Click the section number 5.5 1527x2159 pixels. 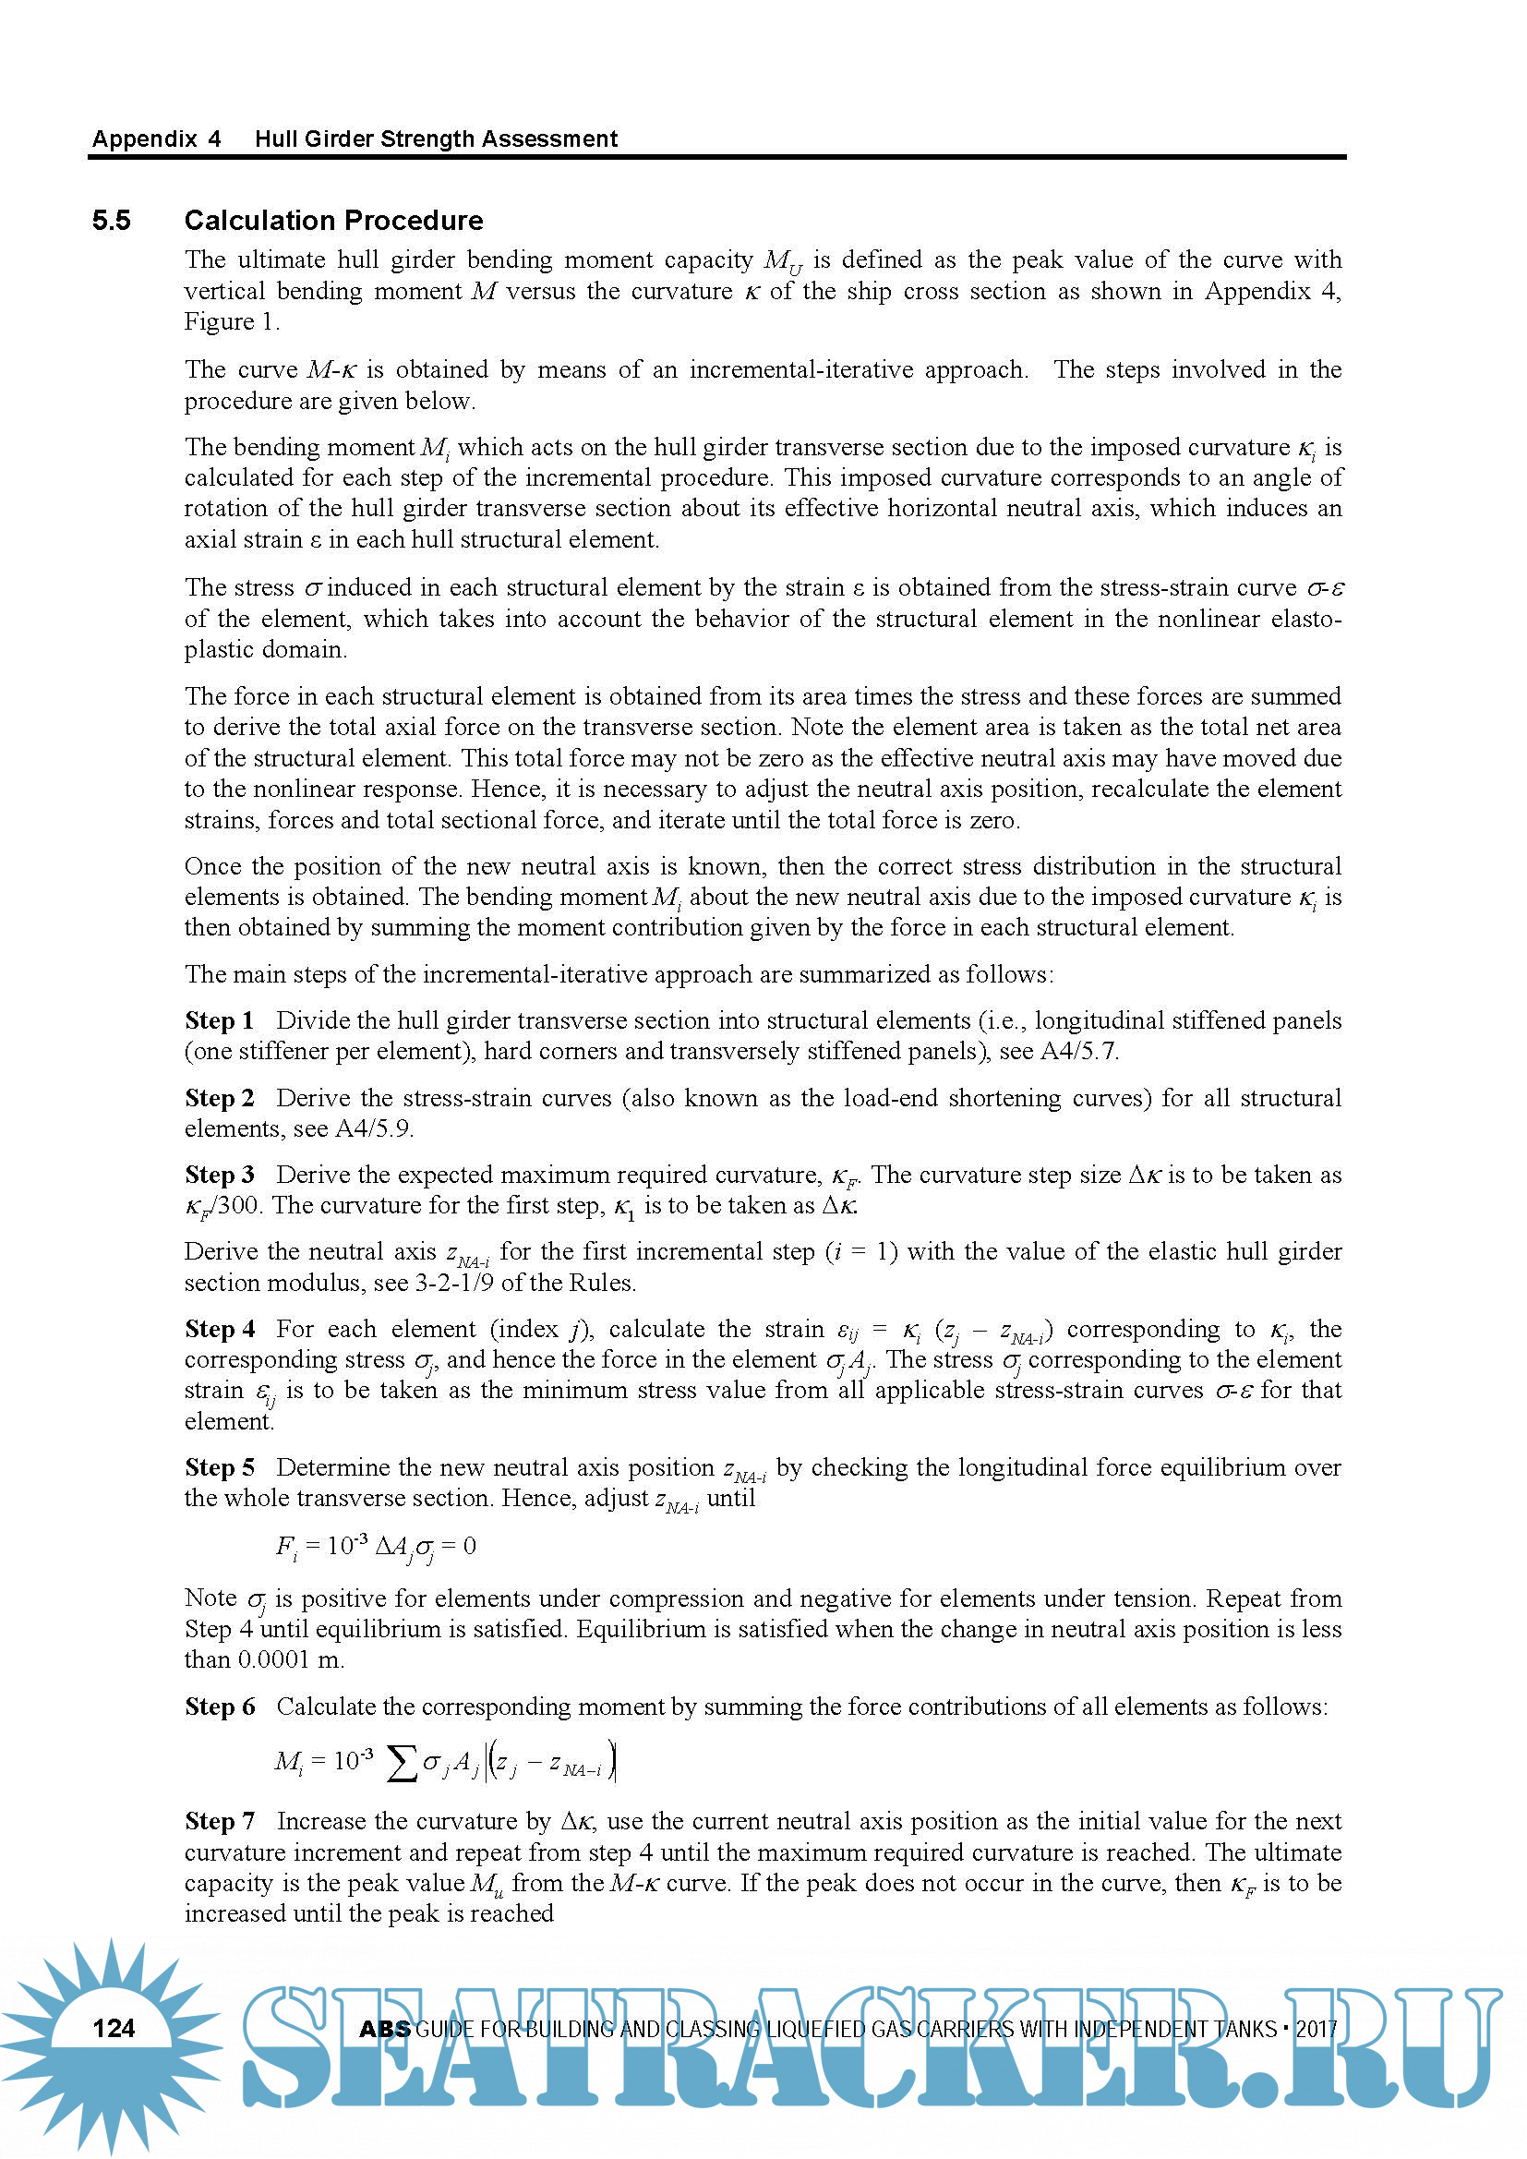click(x=111, y=221)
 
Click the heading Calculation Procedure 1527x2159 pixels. click(x=334, y=221)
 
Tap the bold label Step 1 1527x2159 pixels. click(x=219, y=1020)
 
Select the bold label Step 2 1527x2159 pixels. click(x=219, y=1097)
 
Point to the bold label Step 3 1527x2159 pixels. click(x=219, y=1175)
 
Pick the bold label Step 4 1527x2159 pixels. click(x=219, y=1329)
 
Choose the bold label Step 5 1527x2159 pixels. click(x=219, y=1467)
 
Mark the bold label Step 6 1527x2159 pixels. click(x=219, y=1707)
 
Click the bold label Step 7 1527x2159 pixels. click(x=219, y=1821)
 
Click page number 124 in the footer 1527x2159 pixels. click(x=114, y=2028)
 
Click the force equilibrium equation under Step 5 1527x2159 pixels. click(x=376, y=1547)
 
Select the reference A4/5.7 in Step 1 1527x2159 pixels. click(x=1078, y=1051)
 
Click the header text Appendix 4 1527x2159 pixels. click(x=156, y=139)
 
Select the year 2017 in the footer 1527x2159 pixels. click(x=1317, y=2029)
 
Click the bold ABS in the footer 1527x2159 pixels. click(x=384, y=2029)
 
